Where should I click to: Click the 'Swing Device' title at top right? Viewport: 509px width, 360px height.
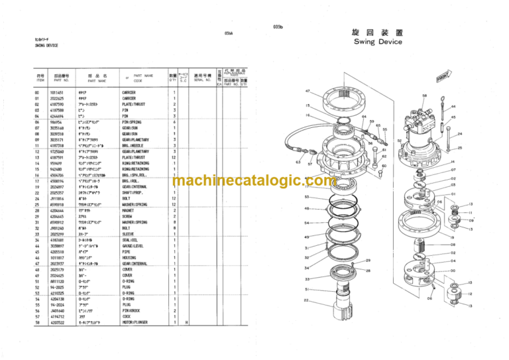point(378,42)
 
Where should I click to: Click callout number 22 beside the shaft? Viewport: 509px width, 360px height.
point(306,301)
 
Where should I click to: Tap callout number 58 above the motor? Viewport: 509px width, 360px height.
point(425,96)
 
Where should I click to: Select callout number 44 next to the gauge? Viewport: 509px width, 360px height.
point(453,107)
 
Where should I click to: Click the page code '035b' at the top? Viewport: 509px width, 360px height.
point(277,26)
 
